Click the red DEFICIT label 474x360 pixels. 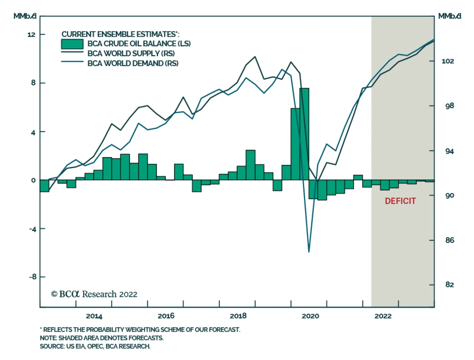tap(400, 201)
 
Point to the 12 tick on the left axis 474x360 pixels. tap(31, 35)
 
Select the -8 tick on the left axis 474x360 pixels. tap(33, 277)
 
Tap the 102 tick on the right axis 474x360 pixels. tap(448, 61)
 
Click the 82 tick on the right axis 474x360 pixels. tap(449, 285)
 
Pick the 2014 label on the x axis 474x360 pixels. tap(94, 316)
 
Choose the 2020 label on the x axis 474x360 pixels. tap(310, 316)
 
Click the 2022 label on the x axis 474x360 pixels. tap(383, 316)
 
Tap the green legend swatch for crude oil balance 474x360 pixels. tap(72, 44)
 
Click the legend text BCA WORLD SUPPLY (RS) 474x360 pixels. tap(131, 54)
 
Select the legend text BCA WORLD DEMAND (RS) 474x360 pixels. tap(133, 63)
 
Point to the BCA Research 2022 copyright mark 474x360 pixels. tap(94, 294)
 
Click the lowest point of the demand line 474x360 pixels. tap(309, 252)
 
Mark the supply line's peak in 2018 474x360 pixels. tap(255, 57)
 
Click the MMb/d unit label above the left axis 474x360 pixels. tap(25, 16)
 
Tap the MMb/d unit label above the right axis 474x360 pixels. tap(449, 16)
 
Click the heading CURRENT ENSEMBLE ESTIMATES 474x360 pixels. tap(120, 34)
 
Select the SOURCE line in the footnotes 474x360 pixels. tap(95, 346)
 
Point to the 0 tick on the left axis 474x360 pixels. tap(33, 180)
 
